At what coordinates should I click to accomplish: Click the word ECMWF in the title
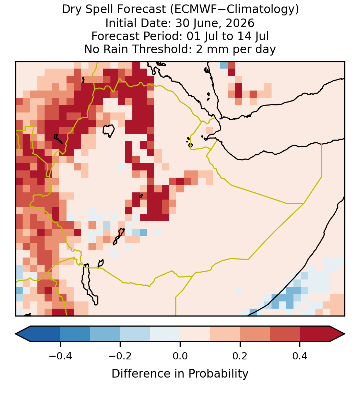[x=192, y=10]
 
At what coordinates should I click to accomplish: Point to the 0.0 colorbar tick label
[x=180, y=356]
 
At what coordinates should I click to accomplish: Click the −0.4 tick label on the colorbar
[x=60, y=356]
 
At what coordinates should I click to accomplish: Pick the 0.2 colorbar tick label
[x=240, y=356]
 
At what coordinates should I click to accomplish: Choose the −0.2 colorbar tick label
[x=120, y=356]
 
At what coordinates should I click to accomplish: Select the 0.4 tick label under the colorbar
[x=300, y=356]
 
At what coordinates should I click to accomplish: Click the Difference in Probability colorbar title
[x=180, y=374]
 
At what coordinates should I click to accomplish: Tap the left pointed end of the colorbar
[x=15, y=334]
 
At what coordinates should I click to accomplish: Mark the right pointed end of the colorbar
[x=345, y=334]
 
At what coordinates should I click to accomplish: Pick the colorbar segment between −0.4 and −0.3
[x=75, y=334]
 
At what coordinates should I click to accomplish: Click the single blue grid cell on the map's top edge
[x=224, y=65]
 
